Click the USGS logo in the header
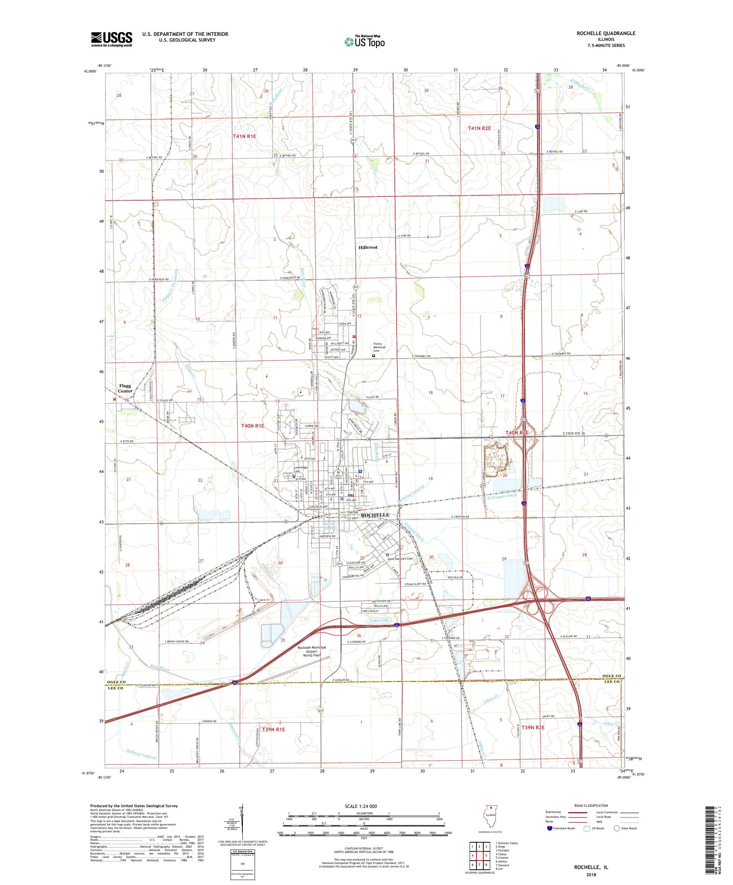(x=111, y=40)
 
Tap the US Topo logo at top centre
(x=365, y=41)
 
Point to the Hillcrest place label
(x=367, y=247)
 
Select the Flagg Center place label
(x=125, y=388)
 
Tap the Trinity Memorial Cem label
(x=379, y=347)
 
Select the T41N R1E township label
(x=245, y=136)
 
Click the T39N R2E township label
(x=533, y=727)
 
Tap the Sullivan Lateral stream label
(x=141, y=755)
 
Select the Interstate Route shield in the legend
(x=549, y=828)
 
